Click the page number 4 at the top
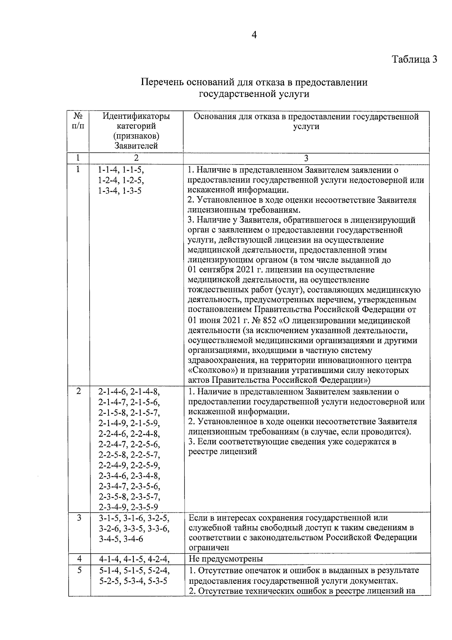254,35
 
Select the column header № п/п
78,121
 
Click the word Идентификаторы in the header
136,117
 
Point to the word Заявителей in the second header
136,146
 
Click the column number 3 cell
306,158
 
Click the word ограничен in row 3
209,547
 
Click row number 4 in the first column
79,559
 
